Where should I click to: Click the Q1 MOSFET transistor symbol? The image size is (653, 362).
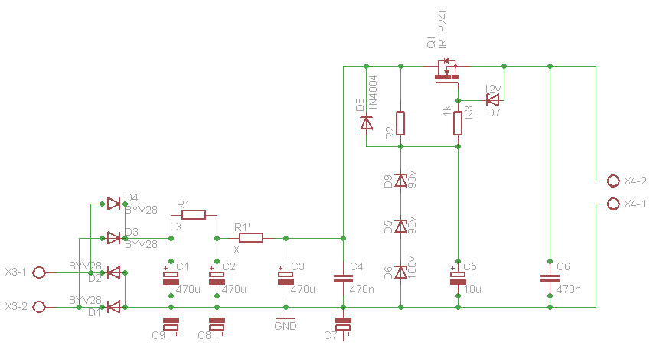tap(447, 72)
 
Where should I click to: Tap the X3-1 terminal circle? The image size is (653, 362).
tap(39, 272)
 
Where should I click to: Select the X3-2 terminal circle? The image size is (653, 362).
tap(39, 307)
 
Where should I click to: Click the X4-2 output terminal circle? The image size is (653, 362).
tap(613, 181)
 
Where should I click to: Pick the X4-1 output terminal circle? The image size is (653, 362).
tap(613, 204)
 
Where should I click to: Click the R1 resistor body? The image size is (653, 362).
tap(194, 215)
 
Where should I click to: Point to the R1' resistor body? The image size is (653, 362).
tap(251, 238)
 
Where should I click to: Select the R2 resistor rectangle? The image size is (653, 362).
tap(400, 123)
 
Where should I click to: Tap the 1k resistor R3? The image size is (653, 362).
tap(458, 123)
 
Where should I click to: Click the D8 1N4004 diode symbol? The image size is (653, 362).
tap(367, 123)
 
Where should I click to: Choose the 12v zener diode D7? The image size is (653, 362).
tap(493, 100)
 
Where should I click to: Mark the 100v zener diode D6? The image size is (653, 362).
tap(400, 272)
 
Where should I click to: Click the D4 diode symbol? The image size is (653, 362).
tap(114, 204)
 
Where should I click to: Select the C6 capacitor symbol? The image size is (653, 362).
tap(550, 278)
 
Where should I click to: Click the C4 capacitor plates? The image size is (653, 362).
tap(343, 278)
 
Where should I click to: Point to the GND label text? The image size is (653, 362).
tap(286, 326)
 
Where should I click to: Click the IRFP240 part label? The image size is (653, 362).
tap(442, 28)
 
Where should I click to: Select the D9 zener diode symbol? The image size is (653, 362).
tap(400, 181)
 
